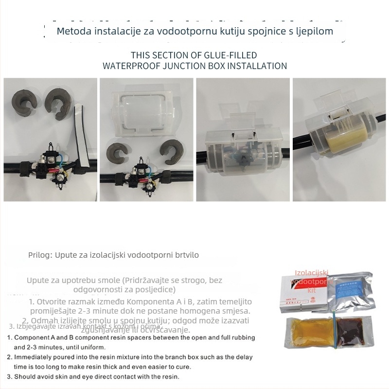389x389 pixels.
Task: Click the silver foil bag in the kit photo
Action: pos(348,292)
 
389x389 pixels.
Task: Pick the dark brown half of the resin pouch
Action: pos(353,333)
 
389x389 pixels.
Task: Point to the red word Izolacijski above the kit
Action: pos(312,274)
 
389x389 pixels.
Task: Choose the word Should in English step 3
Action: pos(26,376)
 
